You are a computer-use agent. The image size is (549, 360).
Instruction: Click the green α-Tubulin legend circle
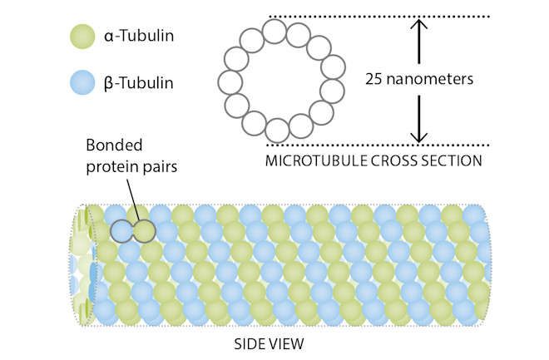click(84, 36)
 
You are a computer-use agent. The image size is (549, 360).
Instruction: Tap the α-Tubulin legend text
click(146, 37)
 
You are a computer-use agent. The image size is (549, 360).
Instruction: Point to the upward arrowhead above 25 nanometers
click(420, 27)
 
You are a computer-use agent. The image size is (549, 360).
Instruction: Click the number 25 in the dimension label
click(376, 81)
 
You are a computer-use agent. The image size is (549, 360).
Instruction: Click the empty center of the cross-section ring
click(281, 81)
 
